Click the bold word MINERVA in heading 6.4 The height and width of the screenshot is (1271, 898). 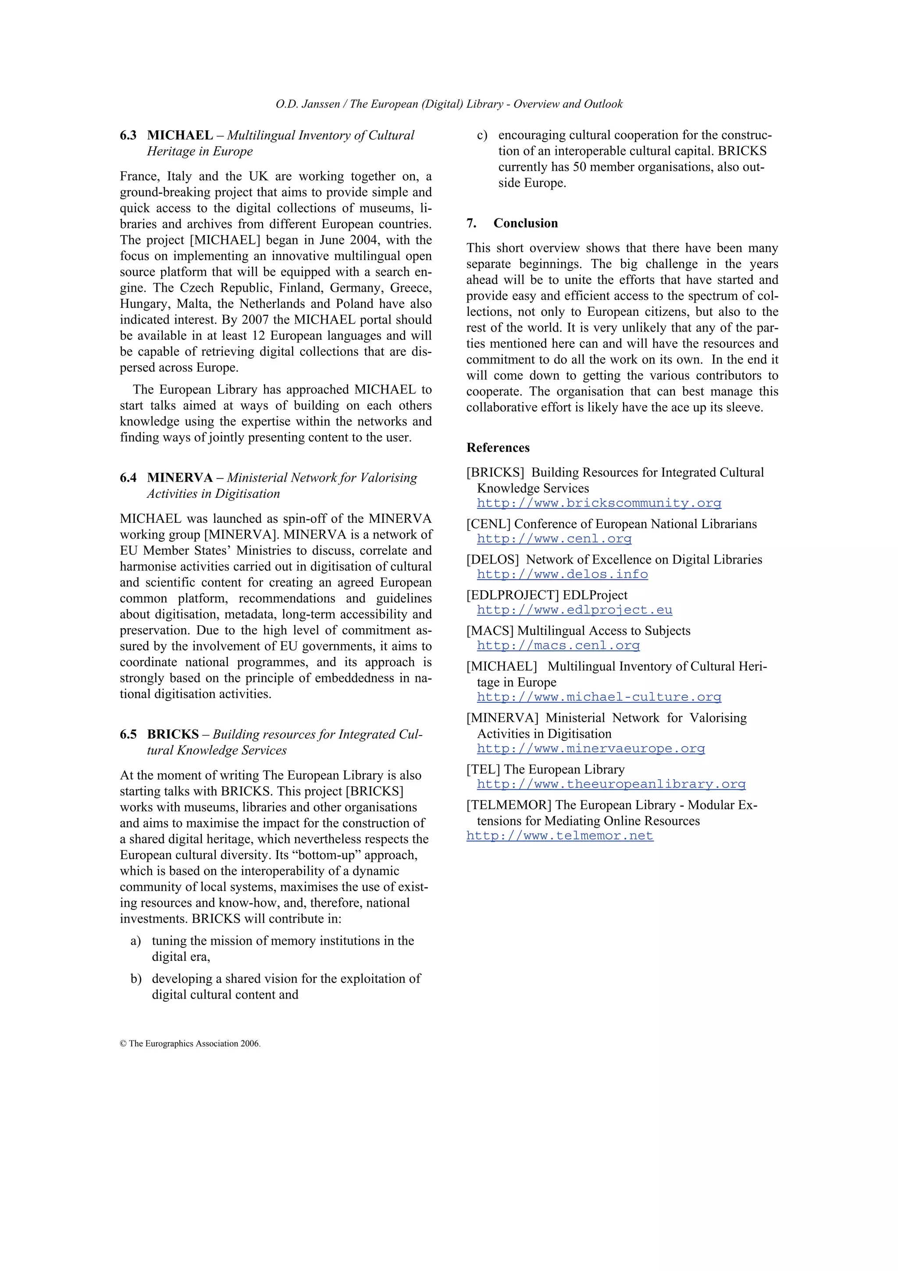click(x=180, y=478)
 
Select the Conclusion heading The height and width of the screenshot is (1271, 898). click(x=525, y=223)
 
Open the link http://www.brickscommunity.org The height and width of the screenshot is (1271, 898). click(x=599, y=503)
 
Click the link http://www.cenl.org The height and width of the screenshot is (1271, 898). click(x=554, y=539)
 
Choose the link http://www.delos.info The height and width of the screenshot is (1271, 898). click(x=562, y=575)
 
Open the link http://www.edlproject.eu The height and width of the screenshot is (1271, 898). click(x=574, y=610)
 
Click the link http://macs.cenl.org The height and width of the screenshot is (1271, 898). click(x=558, y=646)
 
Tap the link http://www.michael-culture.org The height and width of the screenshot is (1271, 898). click(x=599, y=697)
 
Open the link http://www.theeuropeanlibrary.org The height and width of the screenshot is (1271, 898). click(x=611, y=785)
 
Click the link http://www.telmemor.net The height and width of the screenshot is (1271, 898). click(x=559, y=836)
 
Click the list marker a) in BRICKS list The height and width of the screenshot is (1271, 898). click(x=136, y=941)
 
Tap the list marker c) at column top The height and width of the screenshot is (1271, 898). click(x=482, y=136)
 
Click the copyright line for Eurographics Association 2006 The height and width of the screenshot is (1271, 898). click(x=190, y=1043)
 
